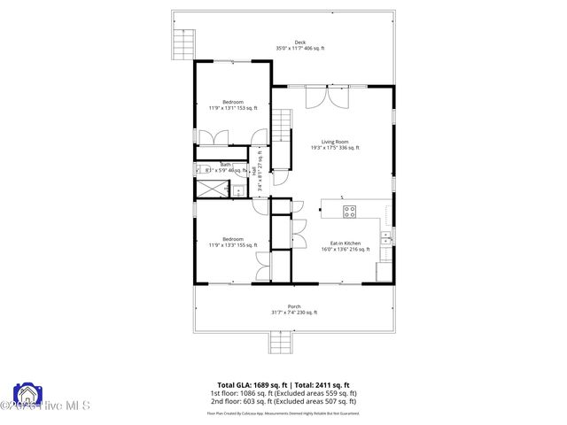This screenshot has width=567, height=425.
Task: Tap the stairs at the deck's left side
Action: coord(182,42)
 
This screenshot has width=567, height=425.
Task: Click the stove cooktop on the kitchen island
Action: coord(349,211)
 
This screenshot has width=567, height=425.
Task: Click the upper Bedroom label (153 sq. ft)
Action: coord(232,102)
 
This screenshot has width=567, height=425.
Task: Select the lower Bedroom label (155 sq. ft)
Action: coord(232,239)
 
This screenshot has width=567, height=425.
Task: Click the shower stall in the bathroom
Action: coord(209,189)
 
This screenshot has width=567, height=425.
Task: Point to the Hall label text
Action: coord(253,169)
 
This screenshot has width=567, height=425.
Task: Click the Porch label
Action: coord(293,306)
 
